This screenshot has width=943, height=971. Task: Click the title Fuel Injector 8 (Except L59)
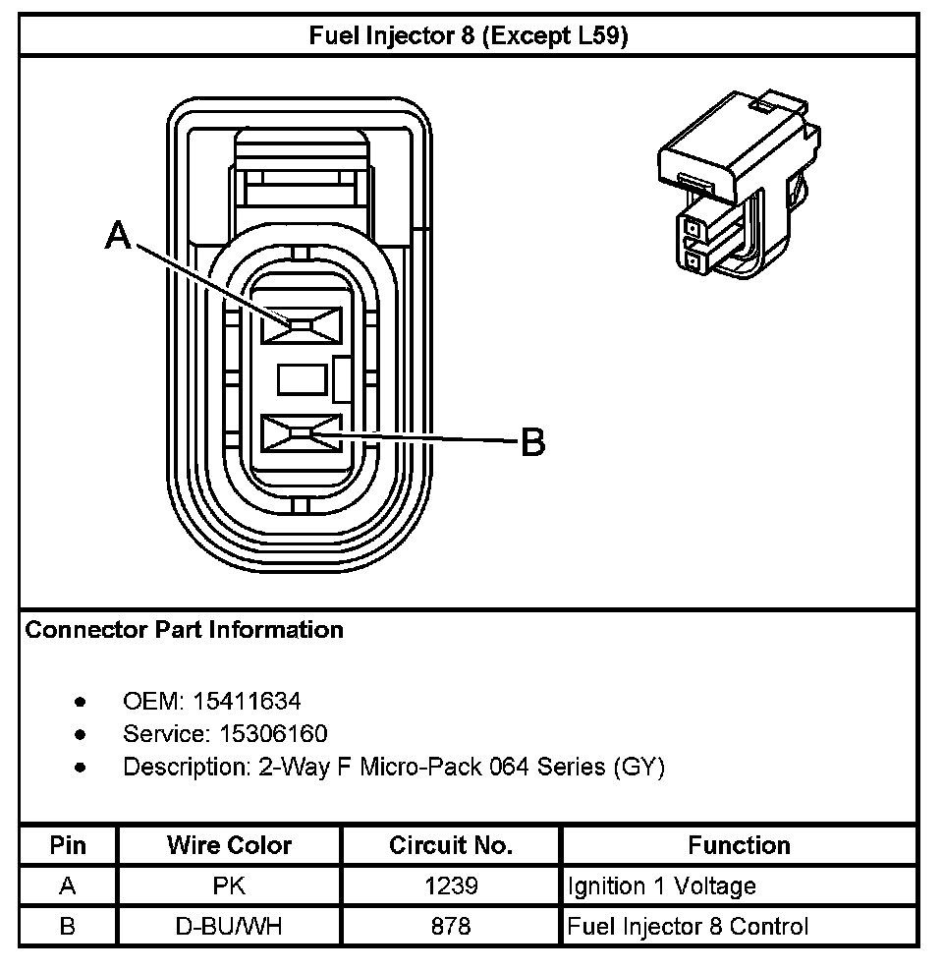coord(469,37)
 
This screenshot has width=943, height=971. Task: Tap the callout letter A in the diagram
coord(119,236)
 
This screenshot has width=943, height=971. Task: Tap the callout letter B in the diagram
coord(531,442)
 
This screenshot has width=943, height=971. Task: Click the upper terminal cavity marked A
coord(300,324)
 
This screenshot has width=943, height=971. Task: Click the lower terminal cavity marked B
coord(300,433)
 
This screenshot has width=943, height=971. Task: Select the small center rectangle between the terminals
coord(300,379)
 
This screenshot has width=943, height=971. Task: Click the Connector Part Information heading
coord(184,630)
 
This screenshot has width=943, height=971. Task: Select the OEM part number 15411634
coord(248,702)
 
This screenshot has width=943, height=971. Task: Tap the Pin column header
coord(68,845)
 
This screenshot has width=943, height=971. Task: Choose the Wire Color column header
coord(229,845)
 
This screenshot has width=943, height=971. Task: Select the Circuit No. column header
coord(451,845)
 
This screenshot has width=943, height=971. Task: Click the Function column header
coord(739,845)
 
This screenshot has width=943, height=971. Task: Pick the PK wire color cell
coord(229,885)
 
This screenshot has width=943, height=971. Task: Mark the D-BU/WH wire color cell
coord(229,926)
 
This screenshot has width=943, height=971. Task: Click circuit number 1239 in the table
coord(451,885)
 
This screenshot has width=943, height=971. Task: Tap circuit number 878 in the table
coord(451,926)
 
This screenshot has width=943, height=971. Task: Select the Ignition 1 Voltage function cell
coord(662,885)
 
